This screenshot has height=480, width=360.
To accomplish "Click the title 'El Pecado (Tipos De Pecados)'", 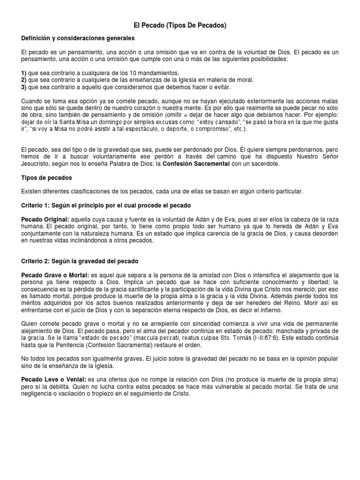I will (180, 25).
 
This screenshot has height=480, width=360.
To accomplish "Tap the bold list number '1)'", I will (24, 73).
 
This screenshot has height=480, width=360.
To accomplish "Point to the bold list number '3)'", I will (24, 87).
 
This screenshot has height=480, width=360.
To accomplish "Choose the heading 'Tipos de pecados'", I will (46, 178).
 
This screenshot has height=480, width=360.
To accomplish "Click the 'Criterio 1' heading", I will (106, 205).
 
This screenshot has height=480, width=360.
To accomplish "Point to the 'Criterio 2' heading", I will (80, 261).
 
